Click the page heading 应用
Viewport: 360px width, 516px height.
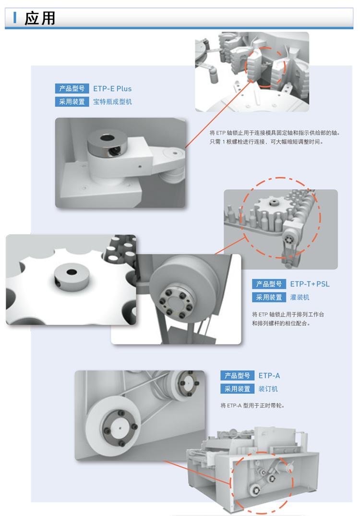point(40,18)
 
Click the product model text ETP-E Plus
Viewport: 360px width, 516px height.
point(112,88)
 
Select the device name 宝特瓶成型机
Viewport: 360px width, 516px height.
point(112,102)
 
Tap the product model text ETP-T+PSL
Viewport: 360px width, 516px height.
point(310,284)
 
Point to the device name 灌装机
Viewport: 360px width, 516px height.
point(300,297)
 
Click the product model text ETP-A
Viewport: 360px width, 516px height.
point(269,376)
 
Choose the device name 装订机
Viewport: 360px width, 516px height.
point(268,389)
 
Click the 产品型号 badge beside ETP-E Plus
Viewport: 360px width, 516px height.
point(72,88)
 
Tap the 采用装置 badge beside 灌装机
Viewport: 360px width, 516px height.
point(269,297)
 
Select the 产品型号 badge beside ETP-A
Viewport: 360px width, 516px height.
point(238,376)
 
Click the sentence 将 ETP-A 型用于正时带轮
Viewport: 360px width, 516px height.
point(252,405)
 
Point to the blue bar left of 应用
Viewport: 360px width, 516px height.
point(15,18)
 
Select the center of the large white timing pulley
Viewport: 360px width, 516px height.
point(120,428)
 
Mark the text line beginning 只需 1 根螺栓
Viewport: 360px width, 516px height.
point(266,142)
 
